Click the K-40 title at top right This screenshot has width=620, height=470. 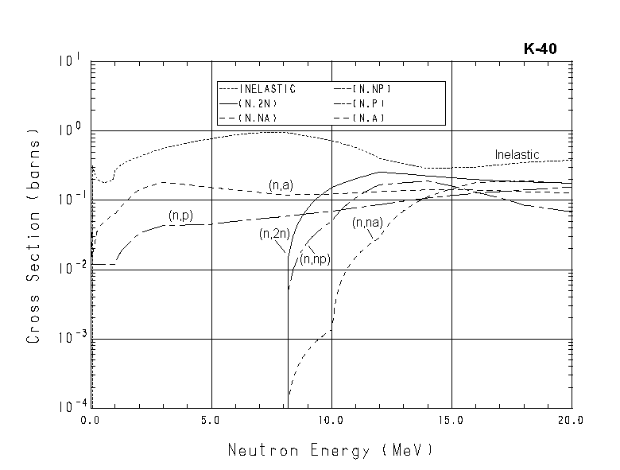[540, 49]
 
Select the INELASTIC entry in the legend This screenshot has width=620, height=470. [268, 89]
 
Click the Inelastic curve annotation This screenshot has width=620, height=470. [517, 154]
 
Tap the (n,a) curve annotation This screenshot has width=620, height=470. [281, 186]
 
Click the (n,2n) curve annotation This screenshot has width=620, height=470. [274, 234]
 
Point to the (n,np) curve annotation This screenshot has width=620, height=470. [315, 259]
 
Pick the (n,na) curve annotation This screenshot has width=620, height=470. [367, 223]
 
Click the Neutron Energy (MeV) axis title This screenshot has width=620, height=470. [331, 450]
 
